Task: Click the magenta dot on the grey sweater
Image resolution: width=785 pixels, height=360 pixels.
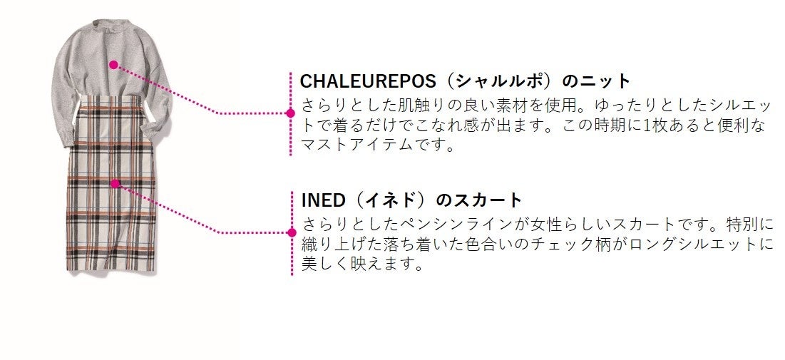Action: click(x=113, y=64)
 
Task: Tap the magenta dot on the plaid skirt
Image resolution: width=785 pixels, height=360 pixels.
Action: click(x=114, y=183)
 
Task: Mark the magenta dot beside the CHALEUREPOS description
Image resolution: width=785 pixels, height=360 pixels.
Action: click(x=290, y=113)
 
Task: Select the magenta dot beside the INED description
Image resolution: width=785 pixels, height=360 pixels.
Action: click(x=291, y=232)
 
